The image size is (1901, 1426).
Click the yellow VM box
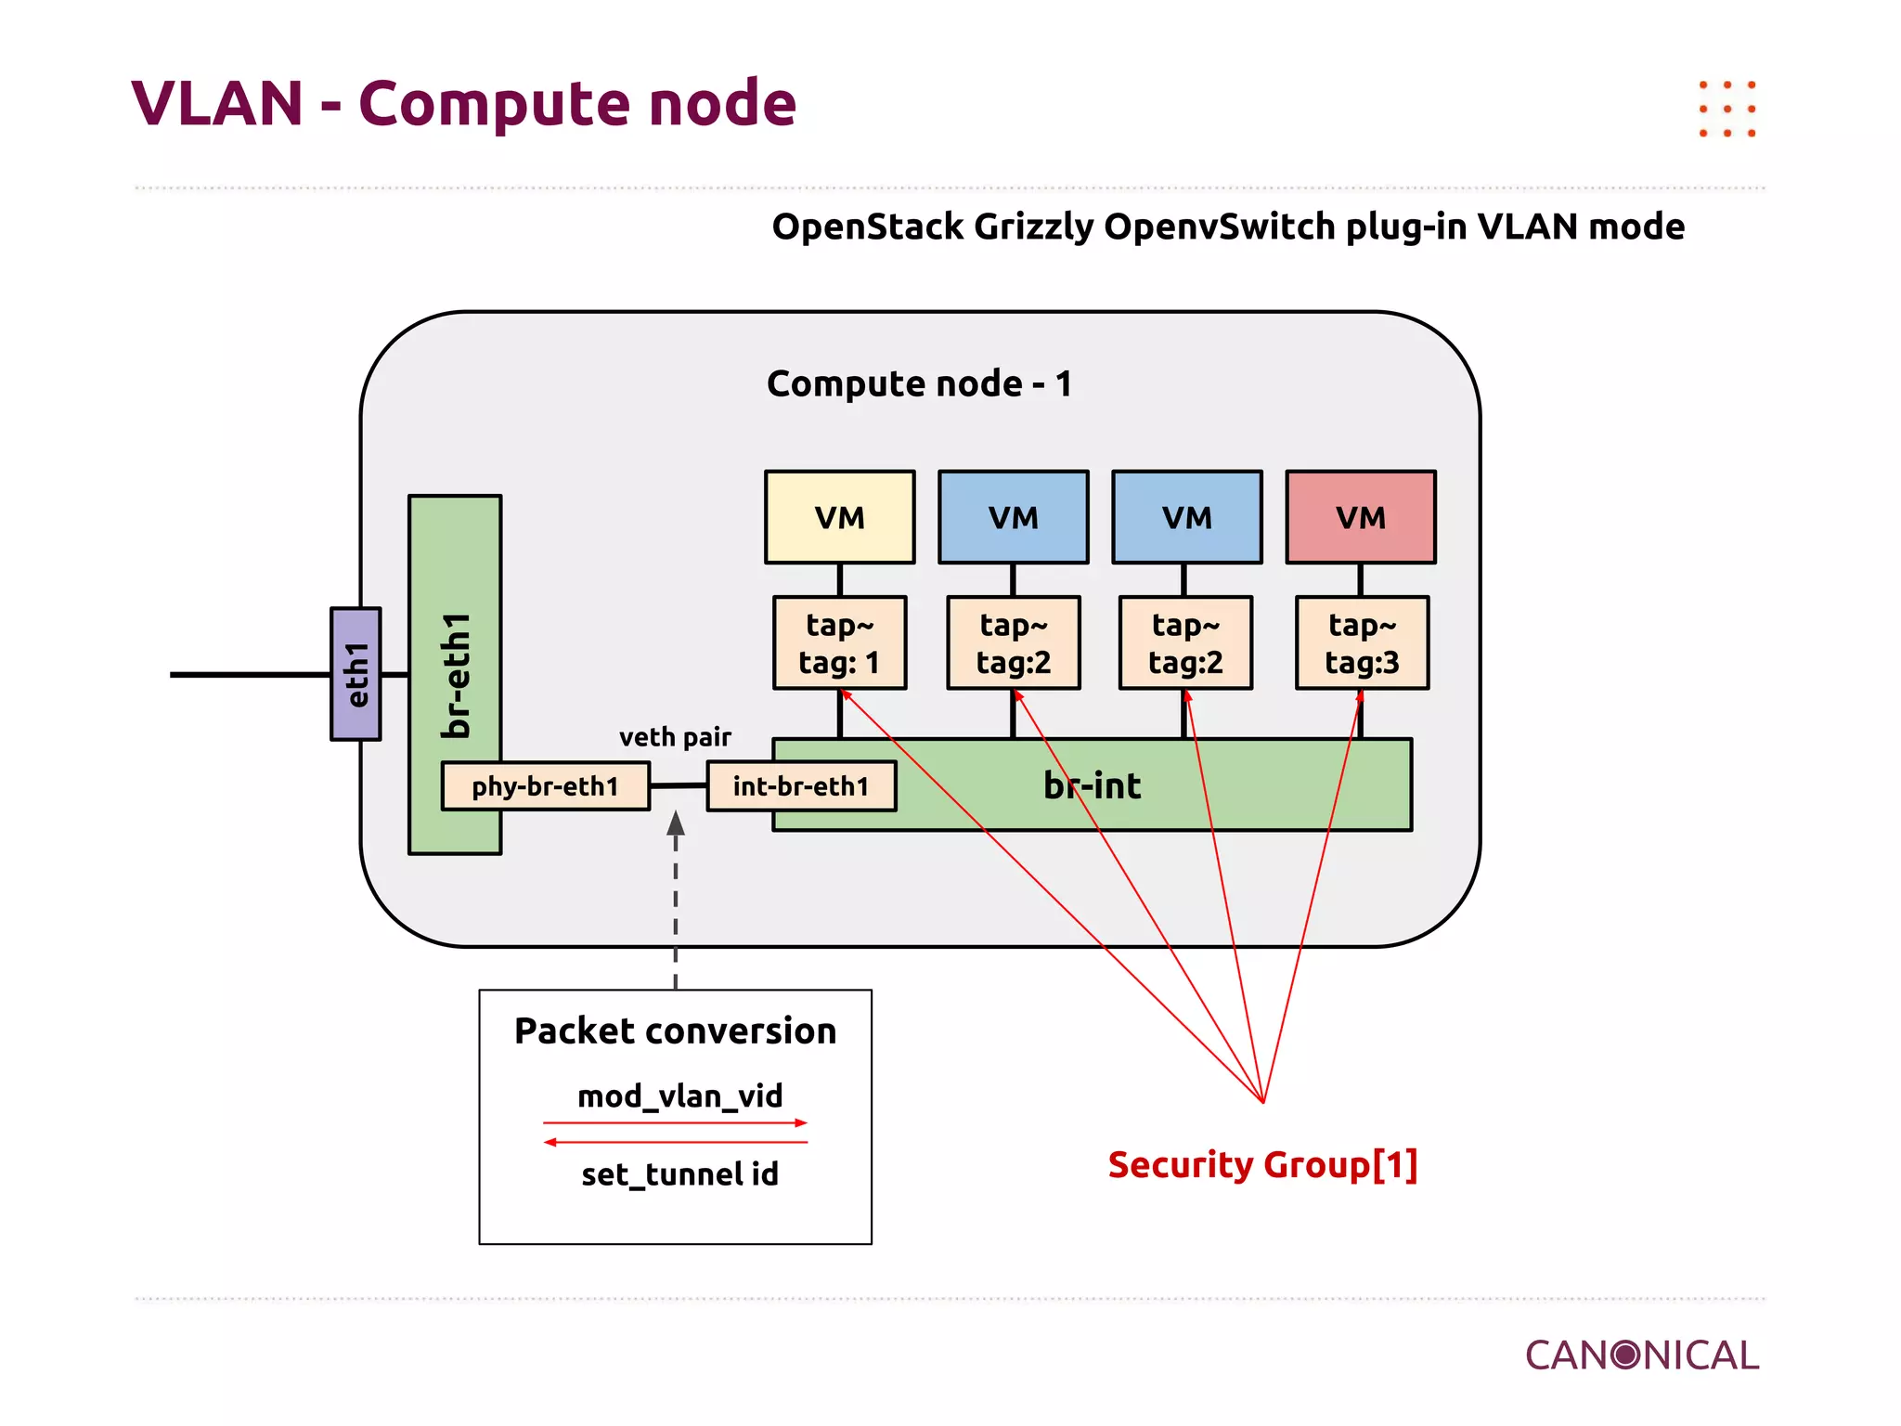point(839,517)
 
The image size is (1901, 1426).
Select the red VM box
point(1360,517)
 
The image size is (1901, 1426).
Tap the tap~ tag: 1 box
point(839,642)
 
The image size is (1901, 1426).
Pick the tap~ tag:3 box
point(1361,642)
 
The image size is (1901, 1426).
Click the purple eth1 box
point(356,674)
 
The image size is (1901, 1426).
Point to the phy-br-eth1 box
point(545,786)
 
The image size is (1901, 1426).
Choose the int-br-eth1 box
point(801,786)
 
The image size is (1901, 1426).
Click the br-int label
point(1092,785)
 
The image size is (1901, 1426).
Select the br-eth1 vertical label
point(456,675)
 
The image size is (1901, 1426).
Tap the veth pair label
point(675,737)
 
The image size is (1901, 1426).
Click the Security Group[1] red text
point(1262,1164)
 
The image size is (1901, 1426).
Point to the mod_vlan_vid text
point(679,1096)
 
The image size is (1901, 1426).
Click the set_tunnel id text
point(679,1174)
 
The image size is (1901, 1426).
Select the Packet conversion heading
point(675,1031)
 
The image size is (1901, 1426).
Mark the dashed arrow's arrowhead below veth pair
point(676,823)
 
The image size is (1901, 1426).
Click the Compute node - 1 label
point(919,383)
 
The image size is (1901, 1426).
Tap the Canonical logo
point(1641,1355)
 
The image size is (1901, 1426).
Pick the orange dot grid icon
point(1726,109)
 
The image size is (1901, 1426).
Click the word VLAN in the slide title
point(218,103)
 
